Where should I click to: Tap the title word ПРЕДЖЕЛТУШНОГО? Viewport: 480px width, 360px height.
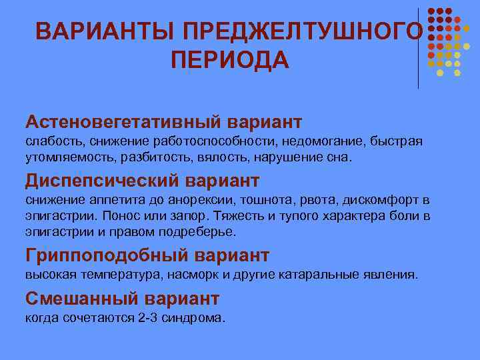click(303, 31)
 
